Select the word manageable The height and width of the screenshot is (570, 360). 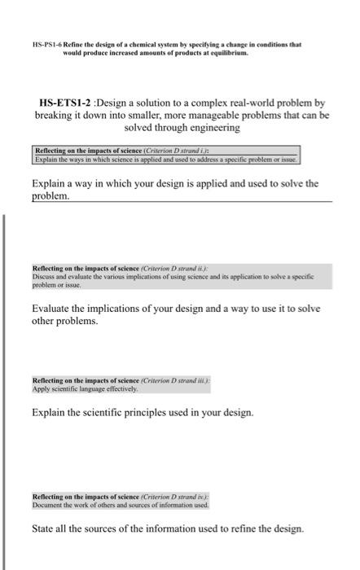point(201,116)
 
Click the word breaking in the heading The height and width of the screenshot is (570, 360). point(55,116)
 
